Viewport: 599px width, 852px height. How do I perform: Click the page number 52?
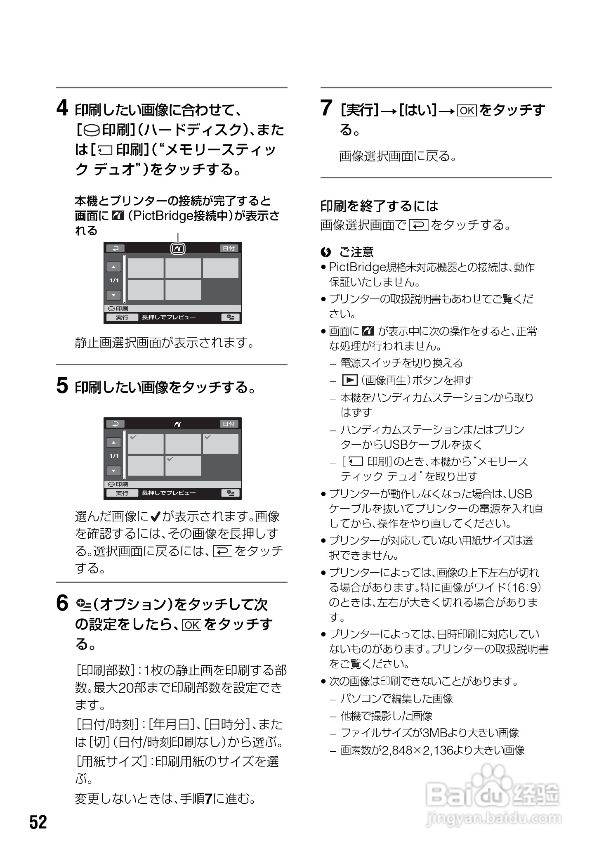coord(38,822)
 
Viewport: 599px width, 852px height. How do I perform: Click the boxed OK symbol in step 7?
coord(467,111)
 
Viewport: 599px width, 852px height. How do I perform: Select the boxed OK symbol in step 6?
coord(191,625)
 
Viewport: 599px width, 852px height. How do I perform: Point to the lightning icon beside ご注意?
coord(325,251)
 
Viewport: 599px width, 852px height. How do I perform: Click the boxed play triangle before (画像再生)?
coord(349,380)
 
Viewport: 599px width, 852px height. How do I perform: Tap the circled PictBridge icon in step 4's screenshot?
coord(178,248)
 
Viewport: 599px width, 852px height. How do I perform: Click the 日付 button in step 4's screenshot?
coord(229,248)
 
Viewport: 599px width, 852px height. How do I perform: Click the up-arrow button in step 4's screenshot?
coord(113,267)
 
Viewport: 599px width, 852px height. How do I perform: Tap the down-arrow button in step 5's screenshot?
coord(113,471)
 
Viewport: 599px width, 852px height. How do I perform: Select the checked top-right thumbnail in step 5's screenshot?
coord(220,444)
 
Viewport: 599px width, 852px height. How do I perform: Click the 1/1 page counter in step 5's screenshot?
coord(114,456)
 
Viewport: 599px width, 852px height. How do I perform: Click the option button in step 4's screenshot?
coord(231,317)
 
